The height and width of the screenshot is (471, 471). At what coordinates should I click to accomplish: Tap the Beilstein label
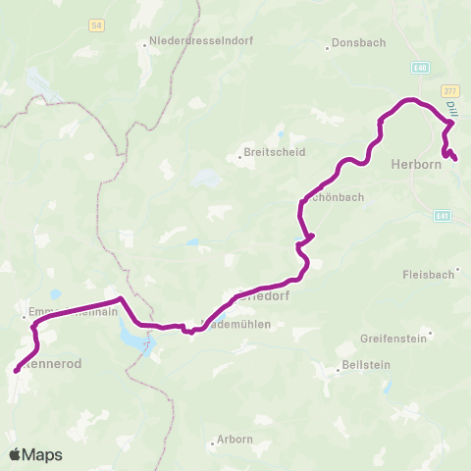tap(360, 368)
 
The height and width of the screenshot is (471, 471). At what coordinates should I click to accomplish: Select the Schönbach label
tap(336, 196)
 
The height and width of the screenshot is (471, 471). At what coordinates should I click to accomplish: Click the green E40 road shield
tap(421, 68)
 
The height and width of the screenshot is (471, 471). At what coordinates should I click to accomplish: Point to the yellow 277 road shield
tap(450, 88)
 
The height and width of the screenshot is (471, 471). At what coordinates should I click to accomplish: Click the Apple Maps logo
tap(35, 454)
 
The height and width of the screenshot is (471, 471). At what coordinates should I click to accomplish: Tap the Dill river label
tap(451, 110)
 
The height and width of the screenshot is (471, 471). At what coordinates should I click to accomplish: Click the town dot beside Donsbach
tap(328, 44)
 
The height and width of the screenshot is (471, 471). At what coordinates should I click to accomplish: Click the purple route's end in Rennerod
tap(16, 371)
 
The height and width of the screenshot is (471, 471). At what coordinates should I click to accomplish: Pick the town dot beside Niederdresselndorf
tap(144, 42)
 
